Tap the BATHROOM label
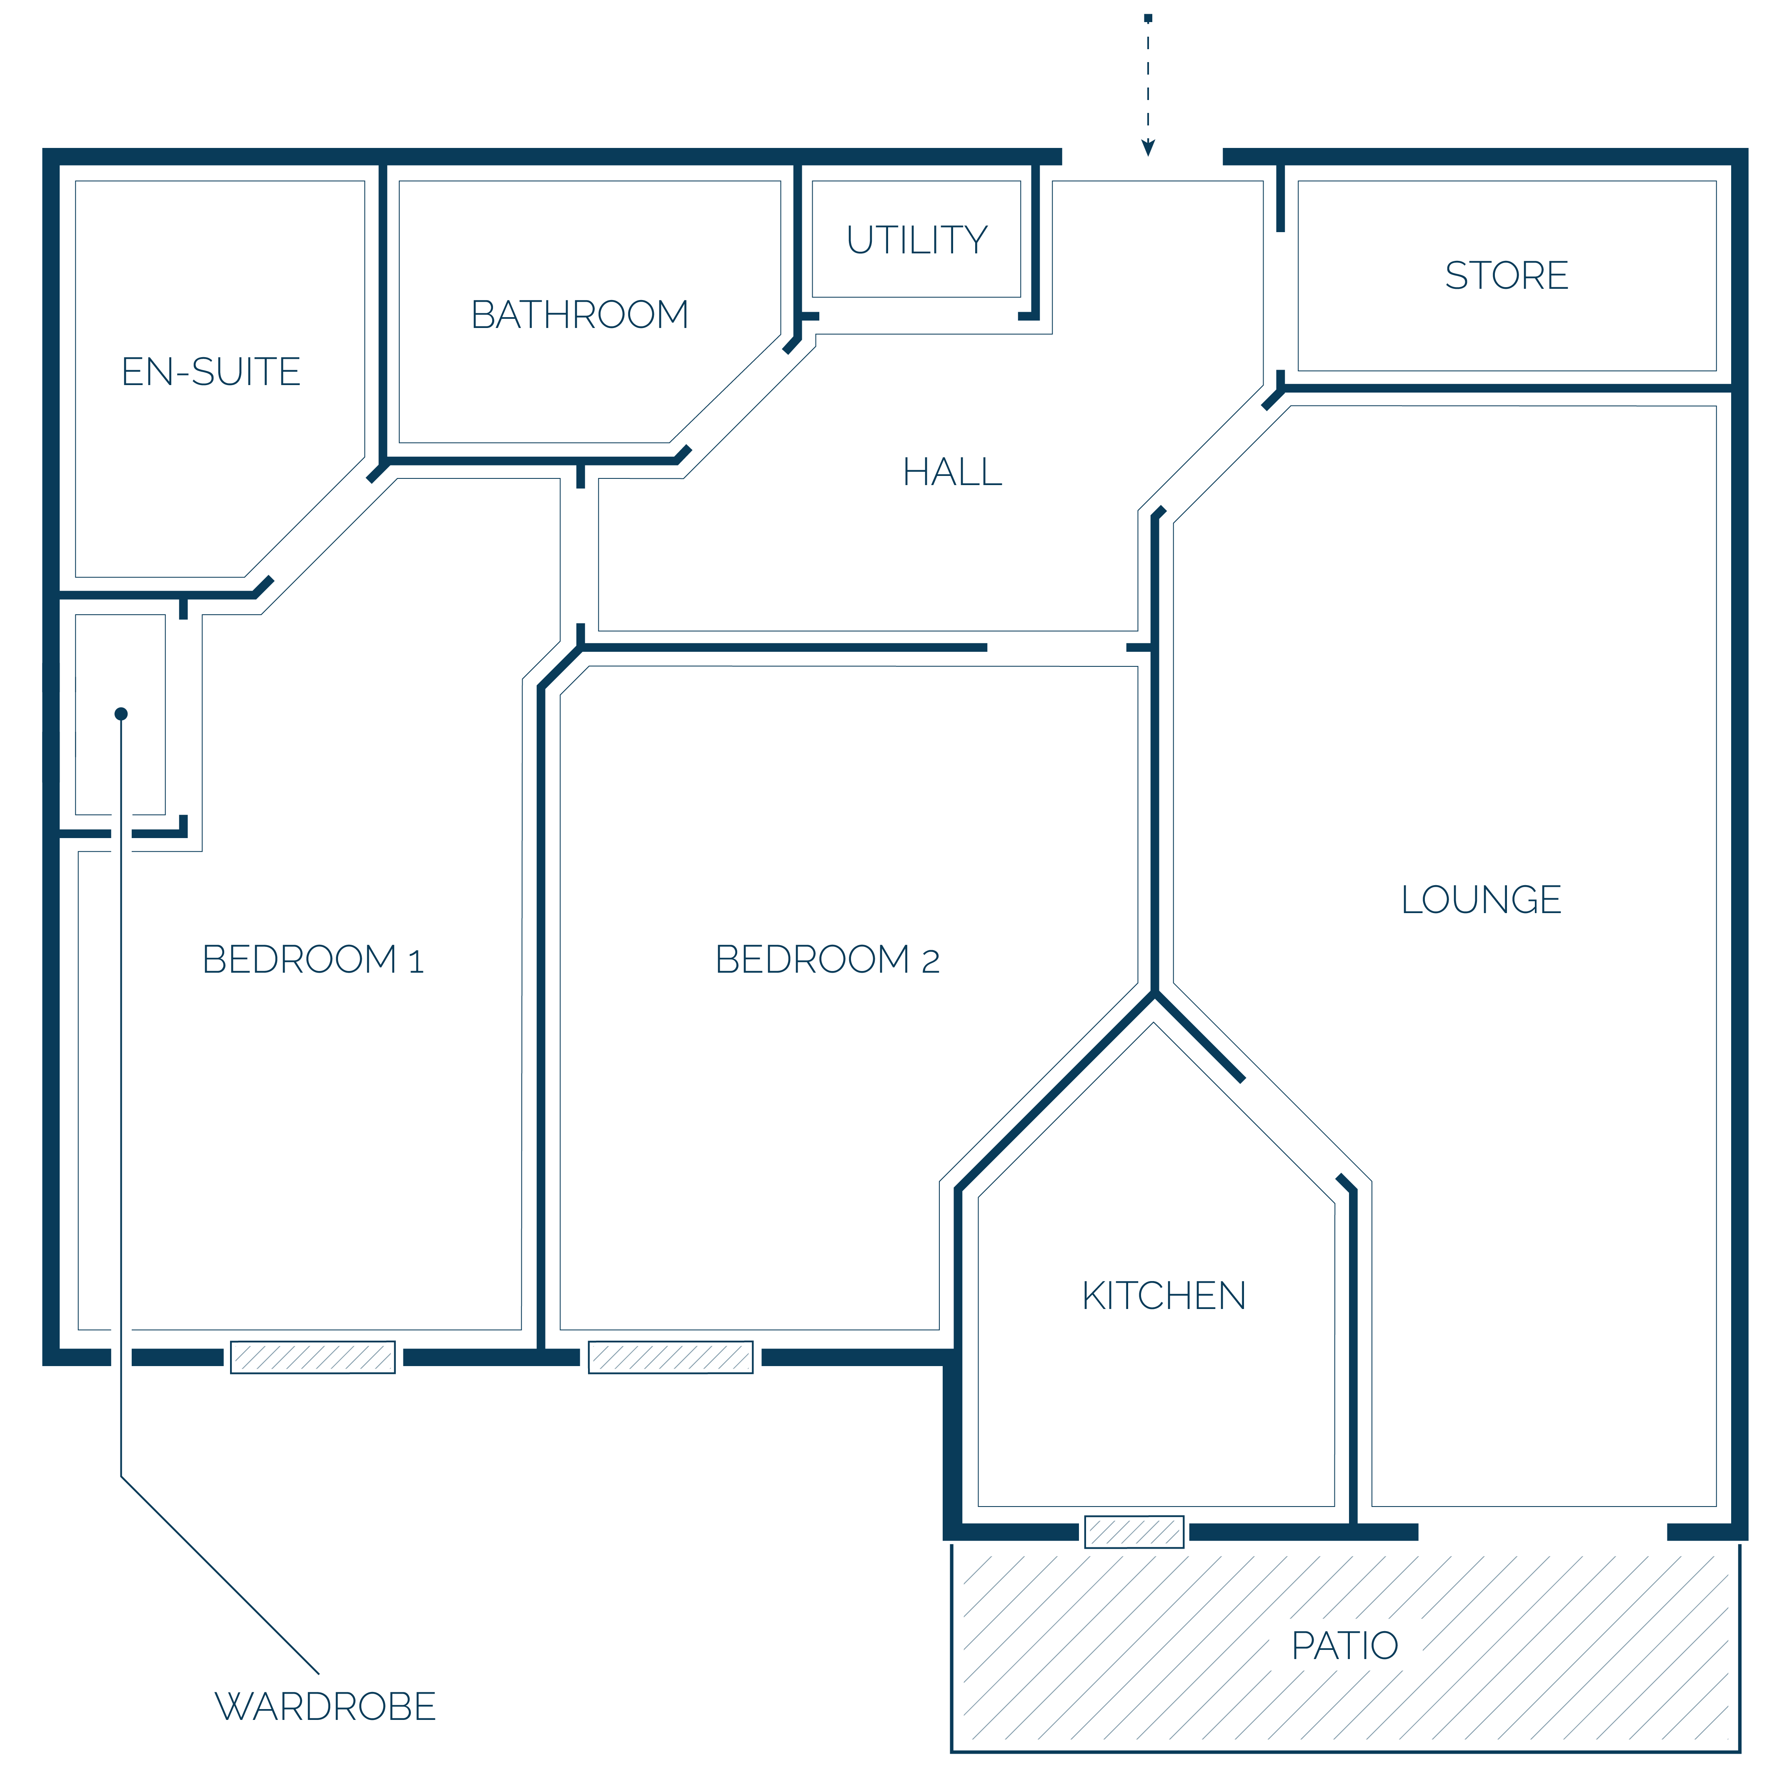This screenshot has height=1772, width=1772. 580,315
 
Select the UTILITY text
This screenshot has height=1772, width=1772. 917,240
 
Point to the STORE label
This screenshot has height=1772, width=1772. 1507,275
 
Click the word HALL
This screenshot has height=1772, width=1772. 952,472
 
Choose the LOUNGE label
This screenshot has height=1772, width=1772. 1481,900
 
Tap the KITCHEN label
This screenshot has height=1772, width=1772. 1164,1296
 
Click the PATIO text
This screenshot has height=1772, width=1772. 1344,1646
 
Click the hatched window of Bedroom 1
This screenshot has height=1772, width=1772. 313,1357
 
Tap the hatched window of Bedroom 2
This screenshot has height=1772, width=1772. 671,1357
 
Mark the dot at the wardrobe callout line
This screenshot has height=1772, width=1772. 121,713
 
